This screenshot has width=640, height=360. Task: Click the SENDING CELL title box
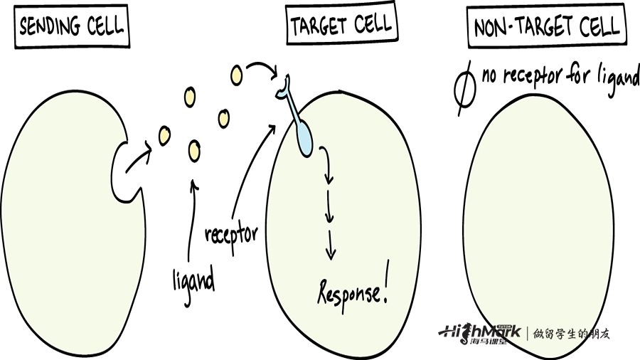(71, 28)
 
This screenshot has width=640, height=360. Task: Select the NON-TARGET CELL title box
(547, 28)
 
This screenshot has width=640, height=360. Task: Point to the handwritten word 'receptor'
(231, 235)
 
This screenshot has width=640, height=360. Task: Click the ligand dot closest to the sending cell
(165, 134)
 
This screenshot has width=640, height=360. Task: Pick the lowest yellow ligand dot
(194, 150)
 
